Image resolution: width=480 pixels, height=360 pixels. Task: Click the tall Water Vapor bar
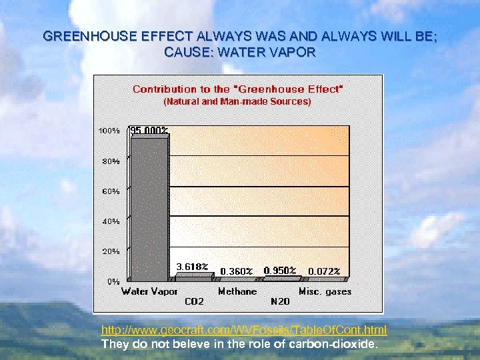tap(150, 208)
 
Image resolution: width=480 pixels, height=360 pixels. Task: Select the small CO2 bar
tap(193, 275)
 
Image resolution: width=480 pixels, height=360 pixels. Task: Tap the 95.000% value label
tap(149, 130)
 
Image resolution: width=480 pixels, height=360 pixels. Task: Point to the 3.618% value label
tap(192, 266)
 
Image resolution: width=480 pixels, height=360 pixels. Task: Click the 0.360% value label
tap(237, 271)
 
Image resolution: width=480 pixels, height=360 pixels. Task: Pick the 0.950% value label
tap(281, 270)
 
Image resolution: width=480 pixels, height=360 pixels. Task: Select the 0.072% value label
tap(324, 271)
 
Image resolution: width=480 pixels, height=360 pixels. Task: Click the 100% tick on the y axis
tap(109, 131)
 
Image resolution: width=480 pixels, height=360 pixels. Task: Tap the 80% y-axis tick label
tap(111, 161)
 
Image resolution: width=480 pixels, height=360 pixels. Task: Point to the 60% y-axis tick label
tap(111, 191)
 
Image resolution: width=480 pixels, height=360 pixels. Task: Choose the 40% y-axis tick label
tap(111, 221)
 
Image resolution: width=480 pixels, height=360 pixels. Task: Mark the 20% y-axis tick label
tap(111, 251)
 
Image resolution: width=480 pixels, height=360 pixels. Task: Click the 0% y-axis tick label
tap(113, 281)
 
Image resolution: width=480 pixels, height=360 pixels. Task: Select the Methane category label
tap(237, 291)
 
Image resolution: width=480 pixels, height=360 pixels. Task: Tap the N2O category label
tap(280, 301)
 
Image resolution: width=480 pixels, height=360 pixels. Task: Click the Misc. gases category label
tap(325, 291)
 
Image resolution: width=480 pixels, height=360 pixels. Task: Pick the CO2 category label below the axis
tap(194, 301)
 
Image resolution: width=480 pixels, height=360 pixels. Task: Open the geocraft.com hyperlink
tap(243, 330)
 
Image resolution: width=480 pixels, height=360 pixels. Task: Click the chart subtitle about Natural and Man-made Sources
tap(237, 102)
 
